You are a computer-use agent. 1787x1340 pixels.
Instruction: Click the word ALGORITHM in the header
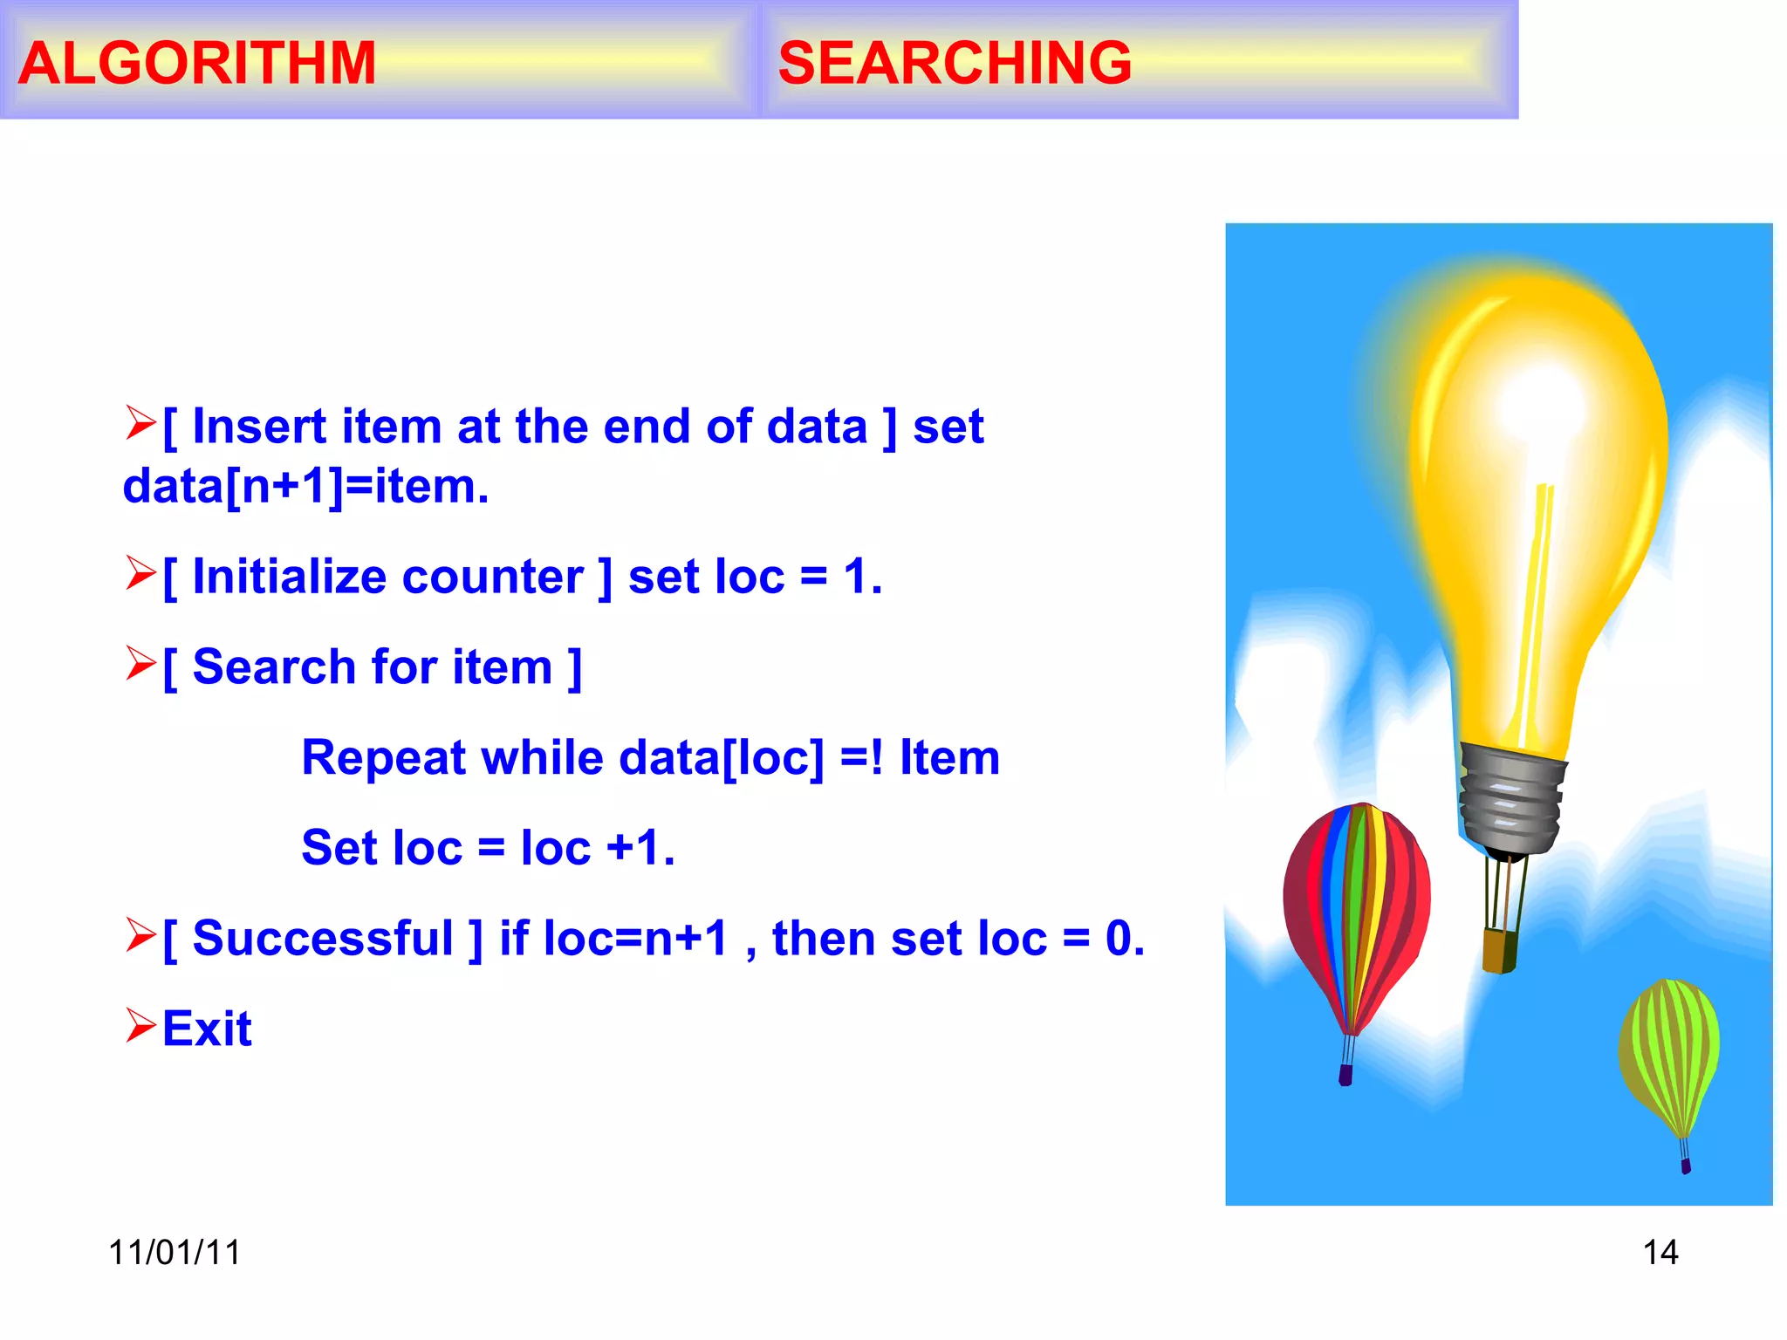pyautogui.click(x=197, y=63)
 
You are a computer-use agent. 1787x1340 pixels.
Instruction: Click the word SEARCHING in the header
pyautogui.click(x=955, y=63)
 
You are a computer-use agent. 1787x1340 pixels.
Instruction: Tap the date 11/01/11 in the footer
pyautogui.click(x=175, y=1253)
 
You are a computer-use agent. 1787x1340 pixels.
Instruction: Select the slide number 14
pyautogui.click(x=1660, y=1253)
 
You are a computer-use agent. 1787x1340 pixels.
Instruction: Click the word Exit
pyautogui.click(x=207, y=1029)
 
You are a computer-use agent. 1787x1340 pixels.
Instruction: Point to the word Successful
pyautogui.click(x=323, y=939)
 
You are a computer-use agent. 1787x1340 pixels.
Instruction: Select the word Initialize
pyautogui.click(x=289, y=577)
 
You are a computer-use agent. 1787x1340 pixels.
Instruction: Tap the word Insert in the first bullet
pyautogui.click(x=259, y=427)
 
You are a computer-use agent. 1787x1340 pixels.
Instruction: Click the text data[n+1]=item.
pyautogui.click(x=305, y=487)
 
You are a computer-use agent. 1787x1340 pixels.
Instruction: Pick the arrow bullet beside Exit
pyautogui.click(x=140, y=1025)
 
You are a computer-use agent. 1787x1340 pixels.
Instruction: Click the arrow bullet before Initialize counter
pyautogui.click(x=140, y=573)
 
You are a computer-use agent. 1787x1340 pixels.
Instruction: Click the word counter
pyautogui.click(x=493, y=577)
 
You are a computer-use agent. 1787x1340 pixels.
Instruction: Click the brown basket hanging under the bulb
pyautogui.click(x=1500, y=950)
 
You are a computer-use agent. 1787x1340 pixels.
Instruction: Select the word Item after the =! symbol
pyautogui.click(x=949, y=757)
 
